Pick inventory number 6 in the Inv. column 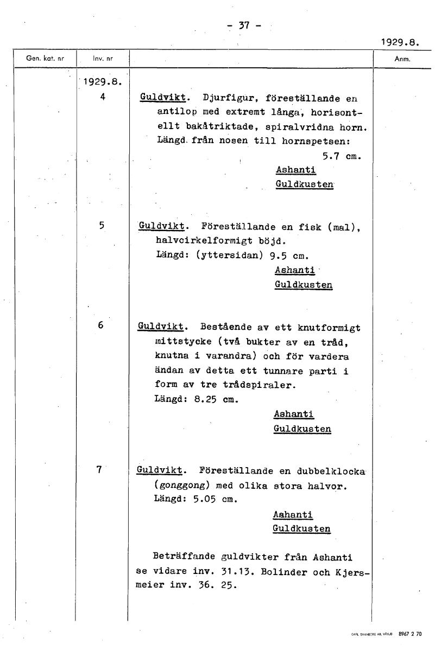[101, 325]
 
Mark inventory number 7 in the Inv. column [99, 470]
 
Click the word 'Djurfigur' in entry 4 [226, 99]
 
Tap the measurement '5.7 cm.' [342, 156]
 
